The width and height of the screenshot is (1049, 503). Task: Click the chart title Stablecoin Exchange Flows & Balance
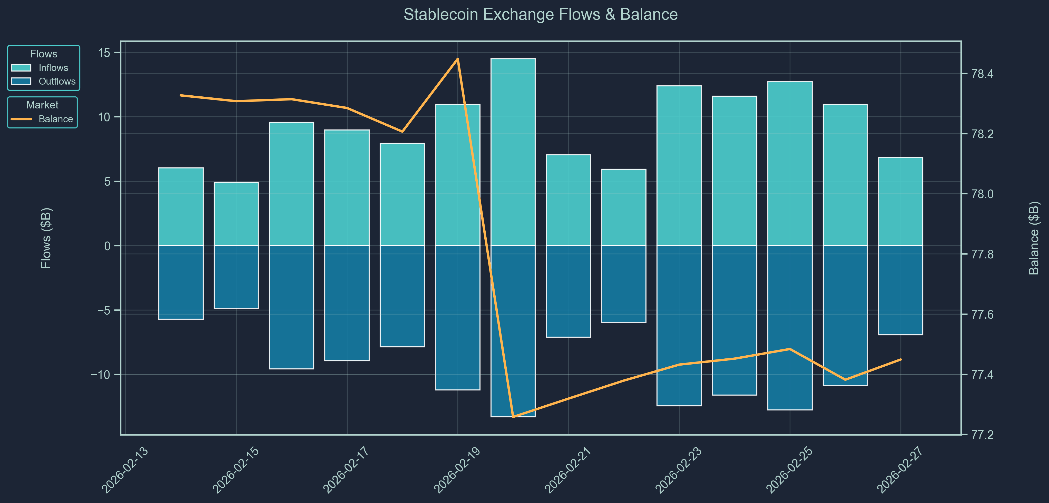tap(540, 15)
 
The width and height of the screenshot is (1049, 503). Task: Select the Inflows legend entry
tap(53, 68)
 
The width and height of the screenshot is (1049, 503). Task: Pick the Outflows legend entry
tap(57, 81)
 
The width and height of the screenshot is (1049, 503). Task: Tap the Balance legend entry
tap(55, 119)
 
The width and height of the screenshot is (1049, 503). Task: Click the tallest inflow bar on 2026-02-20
tap(513, 152)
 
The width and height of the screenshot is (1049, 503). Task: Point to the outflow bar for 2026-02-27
tap(900, 290)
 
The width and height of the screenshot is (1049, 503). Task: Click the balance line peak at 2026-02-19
tap(458, 59)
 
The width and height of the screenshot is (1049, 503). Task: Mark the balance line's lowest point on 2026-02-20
tap(513, 417)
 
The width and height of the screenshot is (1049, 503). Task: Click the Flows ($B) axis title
tap(46, 238)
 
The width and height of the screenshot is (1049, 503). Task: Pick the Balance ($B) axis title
tap(1034, 238)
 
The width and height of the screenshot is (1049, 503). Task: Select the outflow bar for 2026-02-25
tap(790, 328)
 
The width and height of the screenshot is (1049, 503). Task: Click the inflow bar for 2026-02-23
tap(679, 166)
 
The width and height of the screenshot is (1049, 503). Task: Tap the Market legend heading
tap(42, 105)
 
